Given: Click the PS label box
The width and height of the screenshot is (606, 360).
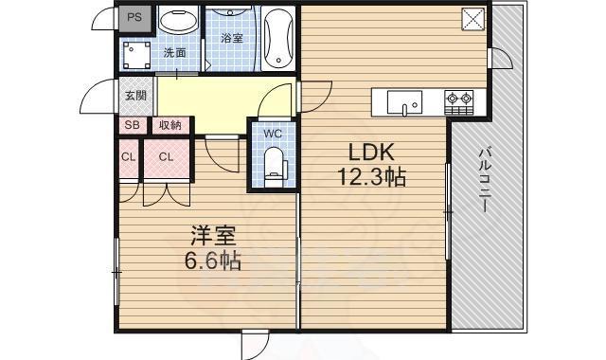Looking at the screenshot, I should click(134, 18).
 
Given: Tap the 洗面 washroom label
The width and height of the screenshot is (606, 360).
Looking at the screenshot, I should click(173, 53).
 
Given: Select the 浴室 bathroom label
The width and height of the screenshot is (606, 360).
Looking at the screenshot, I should click(231, 38).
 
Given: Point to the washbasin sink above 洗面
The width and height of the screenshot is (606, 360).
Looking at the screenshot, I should click(178, 23).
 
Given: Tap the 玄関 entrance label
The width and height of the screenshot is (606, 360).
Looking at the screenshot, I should click(134, 95).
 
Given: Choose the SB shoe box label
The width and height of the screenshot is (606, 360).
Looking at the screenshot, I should click(131, 125).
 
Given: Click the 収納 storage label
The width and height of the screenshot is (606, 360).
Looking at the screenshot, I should click(169, 125).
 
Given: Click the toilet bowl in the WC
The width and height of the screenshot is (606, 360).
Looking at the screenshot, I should click(275, 163).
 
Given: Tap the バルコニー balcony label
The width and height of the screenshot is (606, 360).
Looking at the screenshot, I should click(484, 180).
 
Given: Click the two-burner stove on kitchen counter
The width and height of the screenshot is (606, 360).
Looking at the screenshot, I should click(460, 98).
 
